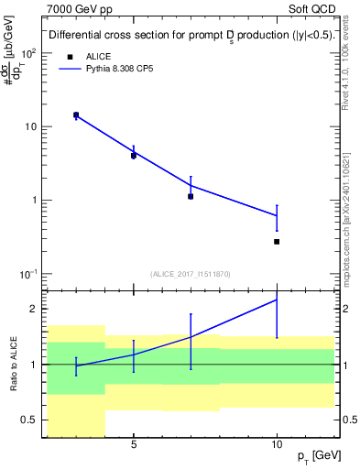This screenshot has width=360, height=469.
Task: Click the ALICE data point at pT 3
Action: [x=76, y=115]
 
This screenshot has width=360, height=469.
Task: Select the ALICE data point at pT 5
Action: [x=134, y=156]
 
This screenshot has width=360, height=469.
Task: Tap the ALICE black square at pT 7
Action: [x=191, y=196]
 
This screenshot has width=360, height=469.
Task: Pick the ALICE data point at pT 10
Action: [x=277, y=242]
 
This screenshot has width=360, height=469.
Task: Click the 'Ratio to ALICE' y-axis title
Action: [x=14, y=364]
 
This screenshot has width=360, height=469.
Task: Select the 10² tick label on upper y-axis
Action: [x=30, y=53]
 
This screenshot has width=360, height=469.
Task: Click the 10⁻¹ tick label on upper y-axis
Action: [x=30, y=274]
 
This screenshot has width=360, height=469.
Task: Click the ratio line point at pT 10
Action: [x=277, y=300]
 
